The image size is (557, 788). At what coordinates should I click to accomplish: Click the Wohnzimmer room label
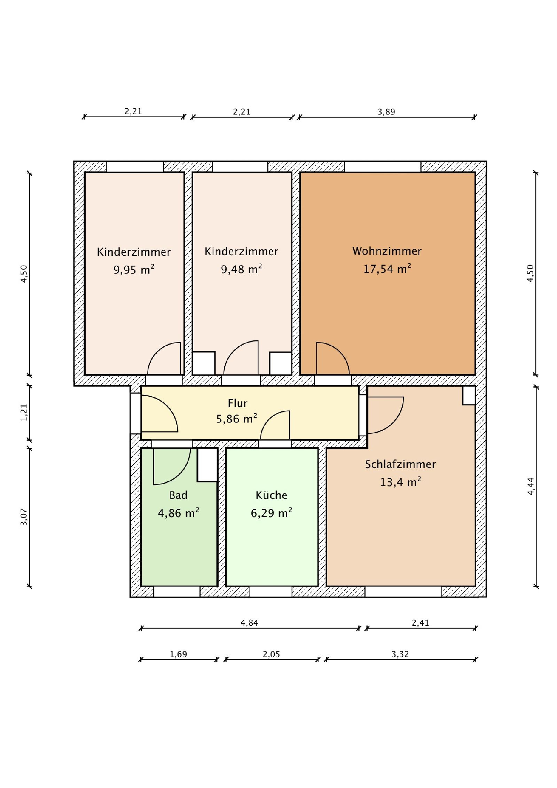pyautogui.click(x=387, y=251)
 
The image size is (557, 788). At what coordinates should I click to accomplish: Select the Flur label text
pyautogui.click(x=237, y=403)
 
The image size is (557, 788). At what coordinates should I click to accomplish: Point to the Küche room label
pyautogui.click(x=272, y=495)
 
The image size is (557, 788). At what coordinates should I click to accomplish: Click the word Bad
pyautogui.click(x=178, y=495)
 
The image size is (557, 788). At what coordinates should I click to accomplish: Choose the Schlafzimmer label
pyautogui.click(x=400, y=464)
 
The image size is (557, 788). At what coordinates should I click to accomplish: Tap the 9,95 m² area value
pyautogui.click(x=134, y=269)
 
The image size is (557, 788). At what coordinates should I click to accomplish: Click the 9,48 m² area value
pyautogui.click(x=242, y=269)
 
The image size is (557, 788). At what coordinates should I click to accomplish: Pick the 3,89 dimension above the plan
pyautogui.click(x=386, y=112)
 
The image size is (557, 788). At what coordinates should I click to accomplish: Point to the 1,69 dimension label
pyautogui.click(x=178, y=654)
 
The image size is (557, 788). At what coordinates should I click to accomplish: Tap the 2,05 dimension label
pyautogui.click(x=271, y=654)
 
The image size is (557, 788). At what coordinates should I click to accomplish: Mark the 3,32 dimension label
pyautogui.click(x=400, y=654)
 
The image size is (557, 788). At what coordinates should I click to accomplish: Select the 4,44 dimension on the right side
pyautogui.click(x=531, y=486)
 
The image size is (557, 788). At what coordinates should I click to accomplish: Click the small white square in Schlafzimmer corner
pyautogui.click(x=469, y=395)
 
